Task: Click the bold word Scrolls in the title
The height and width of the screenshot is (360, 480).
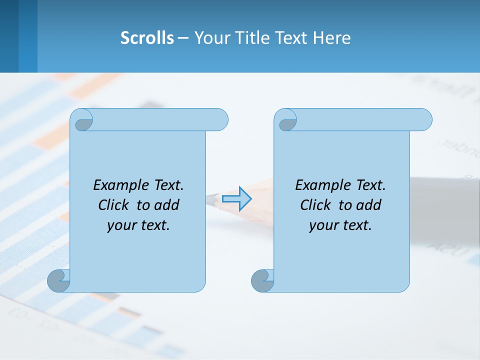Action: (x=147, y=38)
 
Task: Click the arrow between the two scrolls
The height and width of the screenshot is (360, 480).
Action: (x=236, y=199)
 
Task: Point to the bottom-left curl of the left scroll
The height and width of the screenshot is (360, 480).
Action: (x=58, y=281)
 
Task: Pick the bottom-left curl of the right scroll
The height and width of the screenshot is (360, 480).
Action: (x=262, y=281)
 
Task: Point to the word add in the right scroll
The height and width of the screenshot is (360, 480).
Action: (x=368, y=205)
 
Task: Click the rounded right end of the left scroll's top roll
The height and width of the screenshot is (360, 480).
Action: (x=220, y=120)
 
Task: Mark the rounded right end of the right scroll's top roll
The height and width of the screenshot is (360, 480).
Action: (x=424, y=120)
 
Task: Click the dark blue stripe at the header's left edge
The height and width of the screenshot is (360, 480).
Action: (x=9, y=36)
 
